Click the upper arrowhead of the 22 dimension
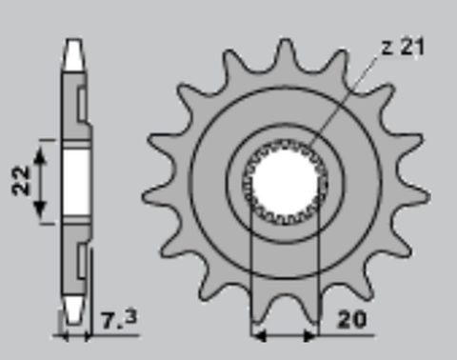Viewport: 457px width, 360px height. (x=41, y=143)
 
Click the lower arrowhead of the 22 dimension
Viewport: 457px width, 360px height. (x=41, y=218)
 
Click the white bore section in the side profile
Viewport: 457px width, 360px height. (x=75, y=181)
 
